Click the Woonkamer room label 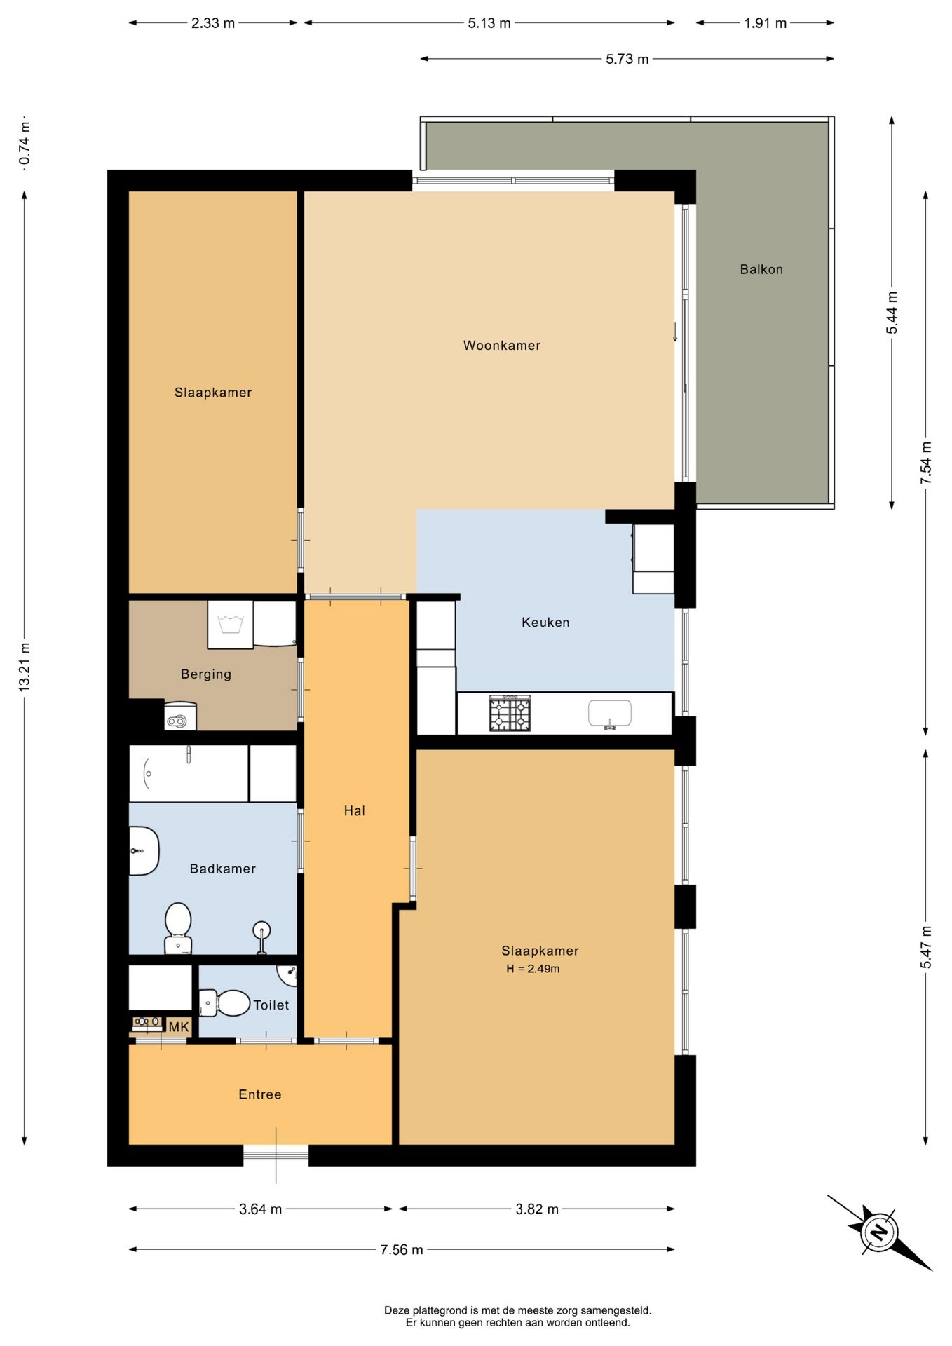tap(502, 345)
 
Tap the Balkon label tap(761, 269)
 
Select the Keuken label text tap(545, 623)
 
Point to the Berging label tap(206, 674)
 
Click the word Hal tap(355, 811)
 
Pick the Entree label tap(260, 1094)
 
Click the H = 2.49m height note tap(533, 969)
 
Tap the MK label tap(179, 1027)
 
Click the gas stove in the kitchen tap(510, 714)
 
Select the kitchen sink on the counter tap(610, 714)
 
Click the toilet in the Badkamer tap(178, 927)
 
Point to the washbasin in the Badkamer tap(144, 851)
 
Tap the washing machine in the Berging tap(230, 624)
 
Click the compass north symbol tap(879, 1232)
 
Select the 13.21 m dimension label tap(25, 667)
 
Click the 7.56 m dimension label tap(402, 1250)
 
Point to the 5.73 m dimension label tap(627, 59)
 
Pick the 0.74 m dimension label tap(25, 144)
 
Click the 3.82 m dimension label tap(537, 1209)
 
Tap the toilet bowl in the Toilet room tap(226, 1003)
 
